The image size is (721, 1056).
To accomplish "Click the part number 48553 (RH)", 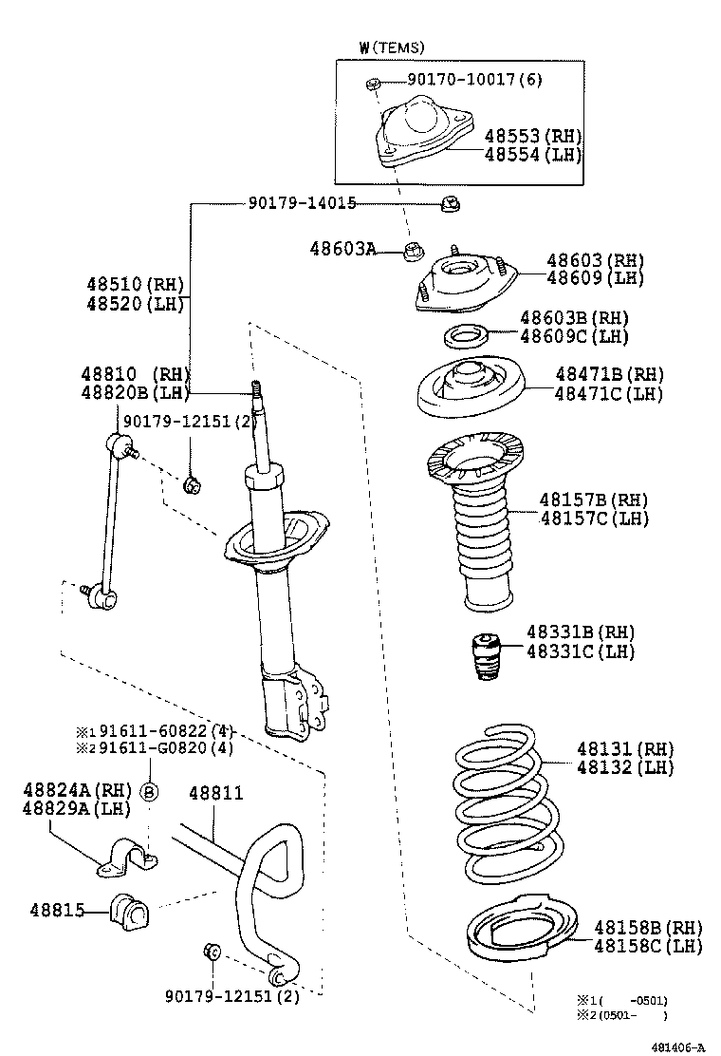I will click(532, 137).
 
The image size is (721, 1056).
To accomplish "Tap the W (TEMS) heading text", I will click(392, 47).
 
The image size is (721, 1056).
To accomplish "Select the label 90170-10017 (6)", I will click(462, 80).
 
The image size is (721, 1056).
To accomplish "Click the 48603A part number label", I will click(342, 249).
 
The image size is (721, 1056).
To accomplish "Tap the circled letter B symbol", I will click(150, 792).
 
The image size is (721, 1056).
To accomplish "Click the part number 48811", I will click(215, 792).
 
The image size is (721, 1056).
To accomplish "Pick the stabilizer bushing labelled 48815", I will click(130, 912).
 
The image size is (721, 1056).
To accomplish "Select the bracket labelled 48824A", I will click(128, 854).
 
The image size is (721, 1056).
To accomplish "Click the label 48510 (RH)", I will click(134, 284).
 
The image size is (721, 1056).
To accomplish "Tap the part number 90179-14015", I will click(303, 202).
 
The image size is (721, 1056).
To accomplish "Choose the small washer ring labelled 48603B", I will click(466, 335).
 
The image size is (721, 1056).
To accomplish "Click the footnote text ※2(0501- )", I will click(622, 1015).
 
